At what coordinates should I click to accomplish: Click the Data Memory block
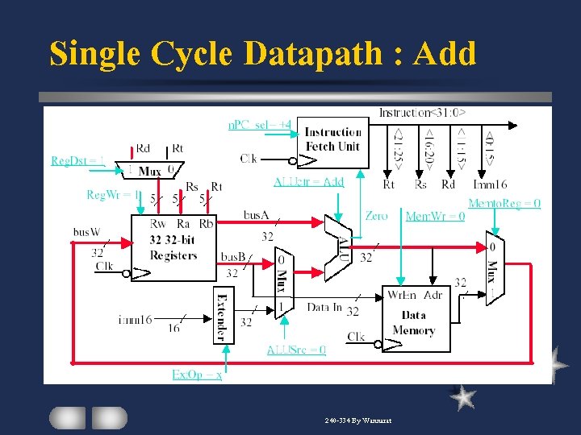pos(414,320)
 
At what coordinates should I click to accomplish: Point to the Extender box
pos(224,315)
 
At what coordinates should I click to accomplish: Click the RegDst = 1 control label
pos(77,160)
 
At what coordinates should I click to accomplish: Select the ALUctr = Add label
pos(308,182)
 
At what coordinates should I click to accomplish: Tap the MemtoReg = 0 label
pos(504,204)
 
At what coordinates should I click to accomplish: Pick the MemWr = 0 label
pos(435,216)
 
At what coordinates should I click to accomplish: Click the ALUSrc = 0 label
pos(296,350)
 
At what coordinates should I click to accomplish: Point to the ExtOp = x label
pos(197,375)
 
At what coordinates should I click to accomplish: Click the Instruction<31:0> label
pos(422,113)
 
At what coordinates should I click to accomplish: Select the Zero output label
pos(376,216)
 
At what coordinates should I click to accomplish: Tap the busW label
pos(86,232)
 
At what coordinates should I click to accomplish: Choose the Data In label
pos(324,308)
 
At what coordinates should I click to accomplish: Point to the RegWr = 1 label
pos(114,194)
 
